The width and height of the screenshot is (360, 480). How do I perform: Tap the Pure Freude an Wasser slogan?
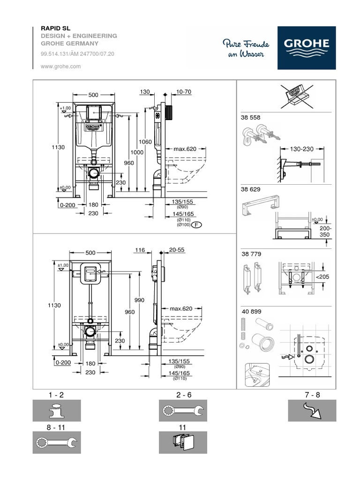246,48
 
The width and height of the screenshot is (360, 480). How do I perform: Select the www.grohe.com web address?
61,67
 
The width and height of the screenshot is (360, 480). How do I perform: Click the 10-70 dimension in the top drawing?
171,92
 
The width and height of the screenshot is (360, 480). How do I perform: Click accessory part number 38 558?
251,118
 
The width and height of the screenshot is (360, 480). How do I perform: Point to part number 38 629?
251,190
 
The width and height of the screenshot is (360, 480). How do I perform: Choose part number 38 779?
251,254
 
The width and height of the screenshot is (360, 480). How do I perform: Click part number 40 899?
251,311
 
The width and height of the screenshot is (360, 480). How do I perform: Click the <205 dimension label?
322,277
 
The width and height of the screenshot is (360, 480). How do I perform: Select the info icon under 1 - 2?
56,411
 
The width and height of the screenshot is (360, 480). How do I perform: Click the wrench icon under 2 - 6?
183,411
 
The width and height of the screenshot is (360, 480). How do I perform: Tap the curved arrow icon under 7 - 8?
312,411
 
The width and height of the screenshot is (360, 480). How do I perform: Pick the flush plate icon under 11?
183,442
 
